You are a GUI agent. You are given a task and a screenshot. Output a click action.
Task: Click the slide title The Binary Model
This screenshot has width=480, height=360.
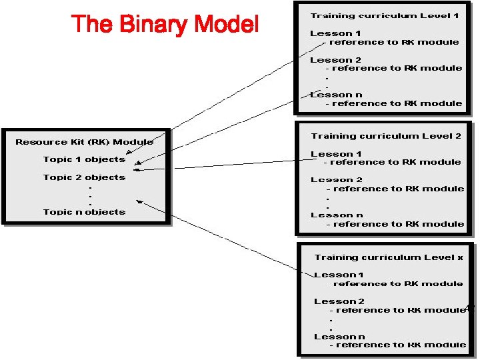click(165, 25)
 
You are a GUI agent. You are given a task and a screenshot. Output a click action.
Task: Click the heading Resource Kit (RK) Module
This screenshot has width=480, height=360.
click(84, 142)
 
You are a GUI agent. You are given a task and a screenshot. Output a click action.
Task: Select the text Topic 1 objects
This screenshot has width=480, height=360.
click(84, 159)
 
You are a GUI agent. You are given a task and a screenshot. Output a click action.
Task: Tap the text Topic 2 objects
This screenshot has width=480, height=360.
click(84, 177)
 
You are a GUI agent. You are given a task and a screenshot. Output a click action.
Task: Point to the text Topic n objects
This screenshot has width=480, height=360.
click(84, 212)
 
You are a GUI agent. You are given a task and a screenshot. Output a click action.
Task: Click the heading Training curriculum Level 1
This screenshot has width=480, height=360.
click(384, 15)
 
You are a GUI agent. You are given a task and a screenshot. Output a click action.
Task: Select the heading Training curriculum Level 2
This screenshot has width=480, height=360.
click(386, 136)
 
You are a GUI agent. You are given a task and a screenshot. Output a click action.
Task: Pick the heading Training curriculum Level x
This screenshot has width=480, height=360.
click(388, 257)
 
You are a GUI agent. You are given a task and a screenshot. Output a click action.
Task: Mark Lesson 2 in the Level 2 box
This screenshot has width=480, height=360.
click(336, 180)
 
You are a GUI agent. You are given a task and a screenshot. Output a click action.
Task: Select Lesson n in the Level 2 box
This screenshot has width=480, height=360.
click(337, 215)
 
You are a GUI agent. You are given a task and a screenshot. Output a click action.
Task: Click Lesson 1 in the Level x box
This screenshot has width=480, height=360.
click(339, 275)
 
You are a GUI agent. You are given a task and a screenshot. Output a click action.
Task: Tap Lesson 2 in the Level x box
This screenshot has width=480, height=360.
click(339, 301)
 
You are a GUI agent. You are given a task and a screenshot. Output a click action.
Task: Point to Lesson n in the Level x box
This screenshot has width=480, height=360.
click(339, 337)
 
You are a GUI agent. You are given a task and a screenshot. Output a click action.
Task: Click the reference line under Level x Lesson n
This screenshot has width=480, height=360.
click(397, 345)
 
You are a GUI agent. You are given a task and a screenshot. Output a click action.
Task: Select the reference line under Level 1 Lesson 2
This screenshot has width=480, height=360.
click(393, 68)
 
